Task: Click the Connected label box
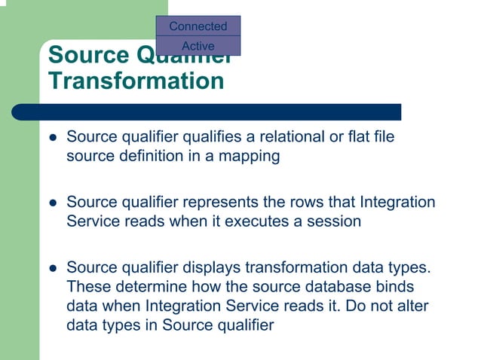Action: point(198,26)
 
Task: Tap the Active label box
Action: point(198,46)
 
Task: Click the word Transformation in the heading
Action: point(136,81)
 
